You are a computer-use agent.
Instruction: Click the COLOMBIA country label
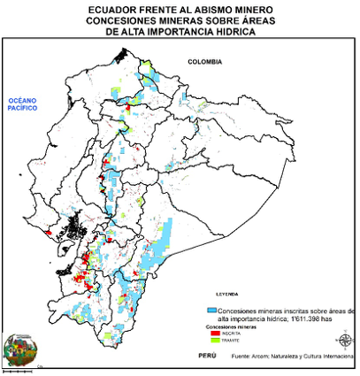[x=204, y=61]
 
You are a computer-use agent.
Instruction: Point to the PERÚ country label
[x=207, y=355]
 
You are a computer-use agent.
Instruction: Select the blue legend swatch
[x=211, y=311]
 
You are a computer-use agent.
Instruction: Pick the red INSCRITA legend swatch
[x=212, y=334]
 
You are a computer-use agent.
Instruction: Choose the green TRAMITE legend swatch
[x=212, y=341]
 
